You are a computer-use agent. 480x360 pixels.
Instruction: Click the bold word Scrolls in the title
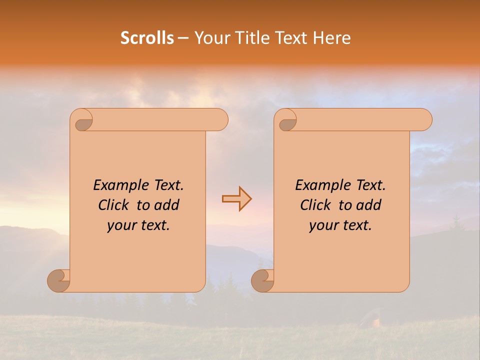tap(147, 38)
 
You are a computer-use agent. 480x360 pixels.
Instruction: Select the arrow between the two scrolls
tap(236, 199)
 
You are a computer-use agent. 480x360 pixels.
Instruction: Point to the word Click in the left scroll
tap(115, 205)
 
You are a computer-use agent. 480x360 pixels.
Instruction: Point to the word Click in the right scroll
tap(317, 205)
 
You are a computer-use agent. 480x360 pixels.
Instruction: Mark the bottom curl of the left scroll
tap(59, 280)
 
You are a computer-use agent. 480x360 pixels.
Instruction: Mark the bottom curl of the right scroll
tap(262, 280)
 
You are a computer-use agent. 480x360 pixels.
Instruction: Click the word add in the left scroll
tap(167, 205)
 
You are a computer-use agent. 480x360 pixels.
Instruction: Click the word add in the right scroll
tap(369, 205)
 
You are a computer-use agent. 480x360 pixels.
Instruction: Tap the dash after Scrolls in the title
tap(183, 38)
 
